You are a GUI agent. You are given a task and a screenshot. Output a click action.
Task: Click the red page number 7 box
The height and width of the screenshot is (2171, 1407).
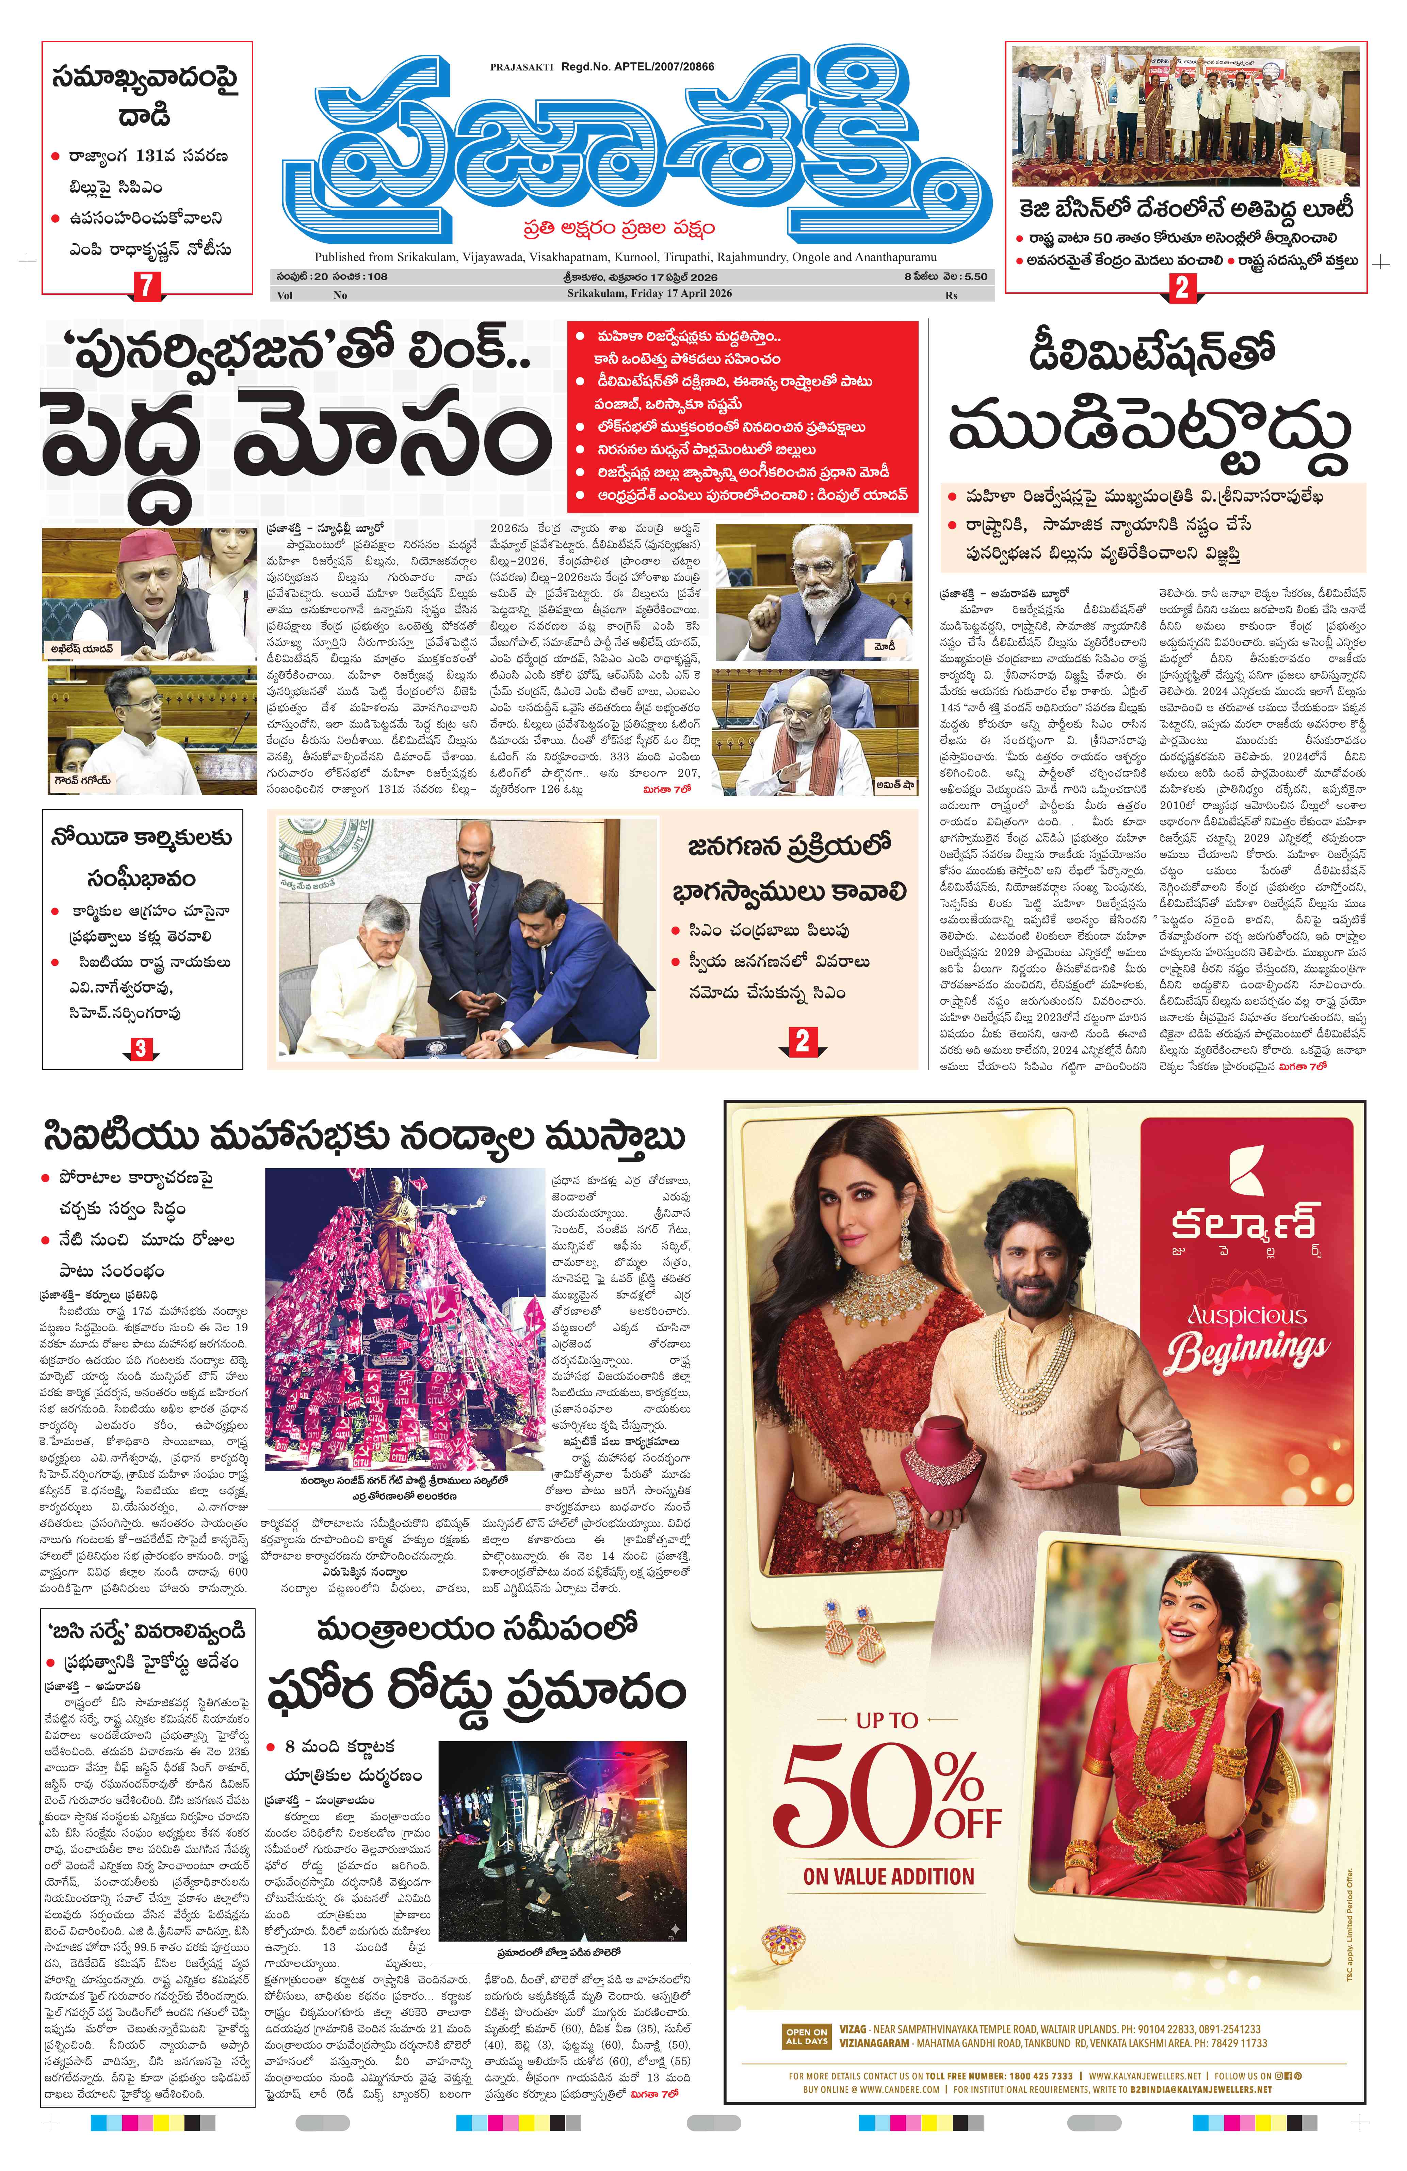pos(146,286)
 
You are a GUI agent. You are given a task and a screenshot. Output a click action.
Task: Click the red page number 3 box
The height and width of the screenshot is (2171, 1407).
pos(141,1048)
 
